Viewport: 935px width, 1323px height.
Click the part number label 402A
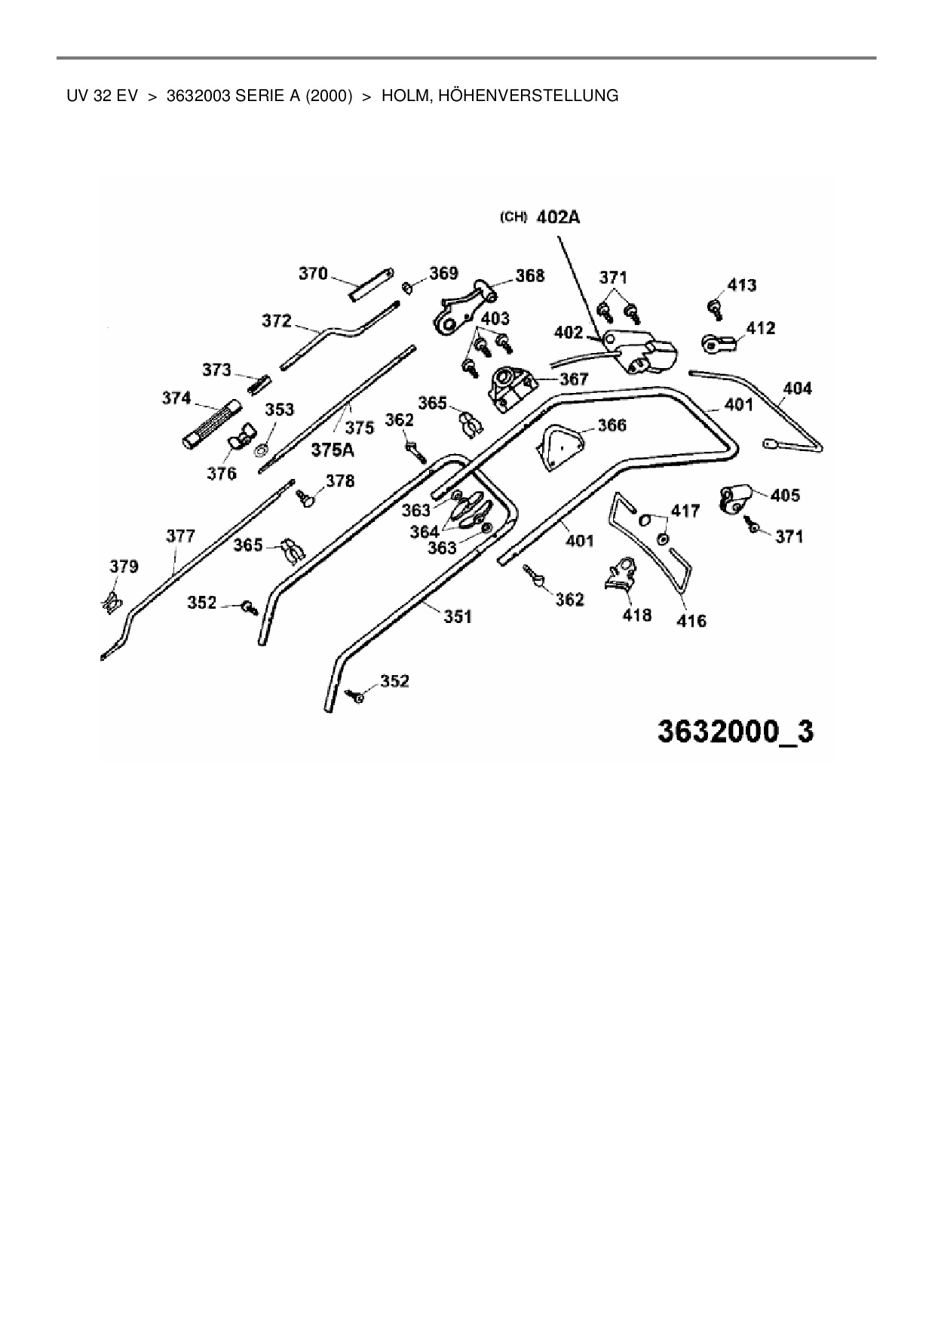coord(558,217)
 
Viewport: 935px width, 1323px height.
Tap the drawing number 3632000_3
coord(735,732)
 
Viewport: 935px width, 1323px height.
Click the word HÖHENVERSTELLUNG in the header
coord(500,96)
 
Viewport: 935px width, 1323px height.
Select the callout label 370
coord(313,273)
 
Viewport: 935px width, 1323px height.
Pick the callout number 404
coord(797,388)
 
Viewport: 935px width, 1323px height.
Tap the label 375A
coord(333,450)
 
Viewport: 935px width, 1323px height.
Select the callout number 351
coord(458,616)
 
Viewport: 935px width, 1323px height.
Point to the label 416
coord(691,621)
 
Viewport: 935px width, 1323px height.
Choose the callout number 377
coord(181,536)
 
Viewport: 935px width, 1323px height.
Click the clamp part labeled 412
coord(719,343)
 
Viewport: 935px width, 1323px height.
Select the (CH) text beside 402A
coord(513,217)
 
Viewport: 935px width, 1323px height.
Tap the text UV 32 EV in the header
coord(102,96)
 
